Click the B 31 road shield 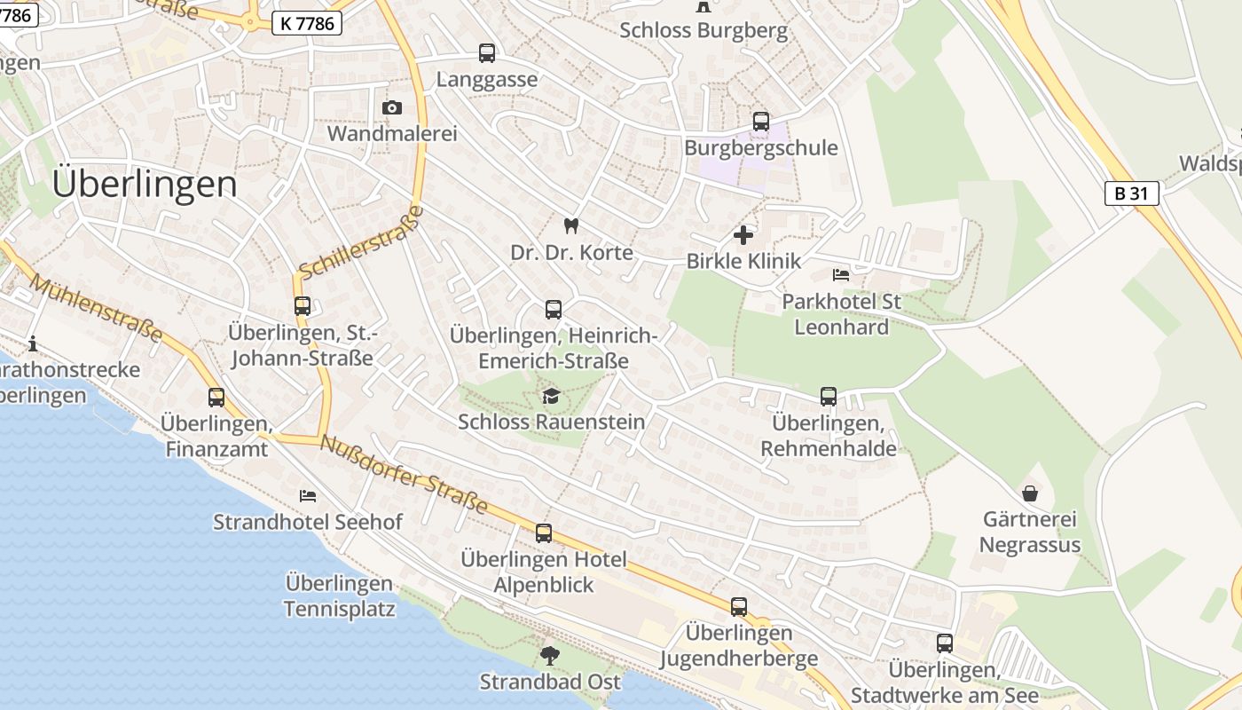1131,193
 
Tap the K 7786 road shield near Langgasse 307,23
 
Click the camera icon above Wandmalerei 391,107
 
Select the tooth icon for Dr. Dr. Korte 571,226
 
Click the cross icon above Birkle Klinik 743,235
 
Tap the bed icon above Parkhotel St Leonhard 841,275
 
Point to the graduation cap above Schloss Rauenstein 551,396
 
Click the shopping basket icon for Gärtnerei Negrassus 1030,493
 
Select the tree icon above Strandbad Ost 550,656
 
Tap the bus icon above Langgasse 487,53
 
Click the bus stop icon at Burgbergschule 760,122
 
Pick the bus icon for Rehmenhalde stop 829,397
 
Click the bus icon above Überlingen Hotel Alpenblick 543,533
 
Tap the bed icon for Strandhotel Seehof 308,495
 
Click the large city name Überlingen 145,185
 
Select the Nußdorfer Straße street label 404,474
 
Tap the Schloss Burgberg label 703,30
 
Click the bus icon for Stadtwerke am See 945,643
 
